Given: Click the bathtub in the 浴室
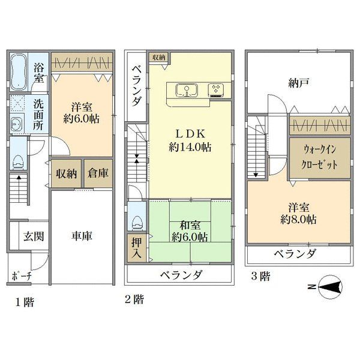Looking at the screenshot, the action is (x=19, y=71).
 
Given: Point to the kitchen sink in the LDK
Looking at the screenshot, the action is (x=187, y=91).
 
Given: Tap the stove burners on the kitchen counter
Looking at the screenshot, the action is (x=216, y=90).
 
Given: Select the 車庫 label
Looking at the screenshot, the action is (x=82, y=236).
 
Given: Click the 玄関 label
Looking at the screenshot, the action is (x=34, y=236).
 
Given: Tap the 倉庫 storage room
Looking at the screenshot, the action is (x=98, y=173).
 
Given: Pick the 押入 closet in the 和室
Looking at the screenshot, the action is (x=137, y=248).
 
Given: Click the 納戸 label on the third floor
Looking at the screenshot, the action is (x=299, y=83).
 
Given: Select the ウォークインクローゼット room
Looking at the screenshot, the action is (x=320, y=157).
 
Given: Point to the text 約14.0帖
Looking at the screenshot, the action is (x=190, y=147).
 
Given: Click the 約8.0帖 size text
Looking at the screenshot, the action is (x=298, y=220).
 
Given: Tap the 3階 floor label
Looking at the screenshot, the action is (x=261, y=276).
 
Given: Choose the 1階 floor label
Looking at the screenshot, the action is (x=25, y=302).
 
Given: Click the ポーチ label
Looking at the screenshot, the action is (x=22, y=276).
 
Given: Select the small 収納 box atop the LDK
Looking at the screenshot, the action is (x=159, y=58).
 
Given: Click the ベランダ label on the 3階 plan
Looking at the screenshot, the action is (x=295, y=254).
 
